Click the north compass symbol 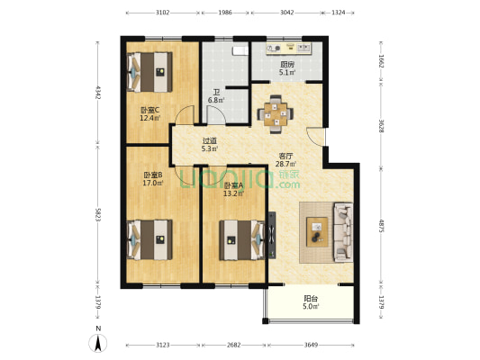98,343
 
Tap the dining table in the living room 276,114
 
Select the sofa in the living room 343,232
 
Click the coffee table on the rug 317,231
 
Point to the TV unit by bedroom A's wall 272,235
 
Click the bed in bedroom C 149,72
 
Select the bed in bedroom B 149,239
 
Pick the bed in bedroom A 242,240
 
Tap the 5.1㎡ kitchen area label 287,73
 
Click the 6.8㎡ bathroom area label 216,100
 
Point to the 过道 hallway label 210,141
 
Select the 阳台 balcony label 311,298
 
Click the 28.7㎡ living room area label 285,164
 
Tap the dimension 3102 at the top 162,13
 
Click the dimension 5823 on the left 98,215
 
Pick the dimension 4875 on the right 381,226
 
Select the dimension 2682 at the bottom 234,345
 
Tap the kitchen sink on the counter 303,48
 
